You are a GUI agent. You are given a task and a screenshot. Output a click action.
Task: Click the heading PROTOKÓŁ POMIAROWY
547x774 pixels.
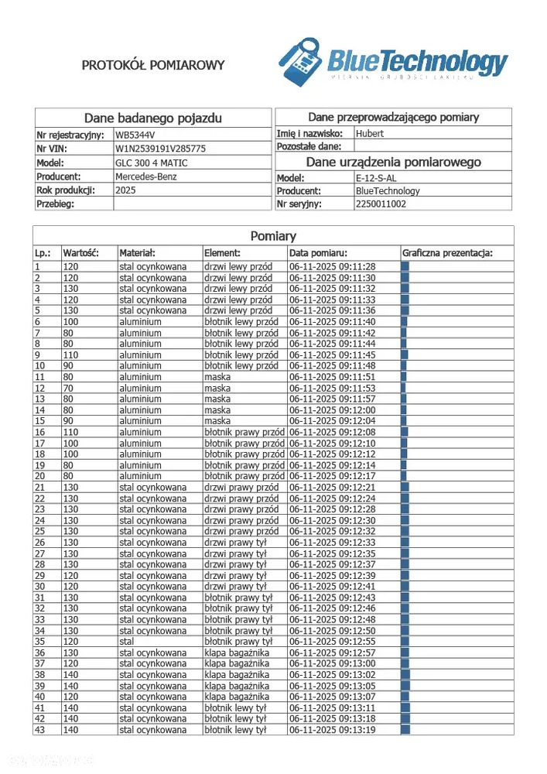pos(153,65)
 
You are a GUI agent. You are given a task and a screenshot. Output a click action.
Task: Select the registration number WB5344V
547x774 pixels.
pos(140,134)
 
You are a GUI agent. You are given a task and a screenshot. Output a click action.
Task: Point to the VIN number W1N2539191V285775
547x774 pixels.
pos(160,148)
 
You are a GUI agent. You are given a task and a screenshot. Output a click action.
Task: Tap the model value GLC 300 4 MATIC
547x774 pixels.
pos(152,163)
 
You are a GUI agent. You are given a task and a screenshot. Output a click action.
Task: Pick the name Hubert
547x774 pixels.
pos(370,133)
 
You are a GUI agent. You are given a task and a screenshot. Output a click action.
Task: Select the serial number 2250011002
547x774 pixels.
pos(381,204)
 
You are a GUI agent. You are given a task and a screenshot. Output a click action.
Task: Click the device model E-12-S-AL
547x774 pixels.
pos(376,178)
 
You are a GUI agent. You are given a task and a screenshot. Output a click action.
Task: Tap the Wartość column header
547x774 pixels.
pos(81,252)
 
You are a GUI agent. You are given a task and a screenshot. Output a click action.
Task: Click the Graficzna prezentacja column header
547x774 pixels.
pos(447,252)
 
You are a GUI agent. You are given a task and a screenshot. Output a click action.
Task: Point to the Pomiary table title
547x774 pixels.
pos(273,236)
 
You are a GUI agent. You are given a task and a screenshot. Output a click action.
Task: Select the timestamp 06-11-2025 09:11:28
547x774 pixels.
pos(332,266)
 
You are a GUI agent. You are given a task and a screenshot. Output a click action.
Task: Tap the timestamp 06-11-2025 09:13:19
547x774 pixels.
pos(332,730)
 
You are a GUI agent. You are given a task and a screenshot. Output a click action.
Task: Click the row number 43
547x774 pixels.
pos(39,730)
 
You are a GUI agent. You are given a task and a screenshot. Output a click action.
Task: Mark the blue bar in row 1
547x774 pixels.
pos(405,266)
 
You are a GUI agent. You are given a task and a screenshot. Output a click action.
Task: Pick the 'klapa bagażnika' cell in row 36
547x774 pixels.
pos(237,652)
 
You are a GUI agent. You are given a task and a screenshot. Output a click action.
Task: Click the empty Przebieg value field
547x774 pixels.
pos(192,204)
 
